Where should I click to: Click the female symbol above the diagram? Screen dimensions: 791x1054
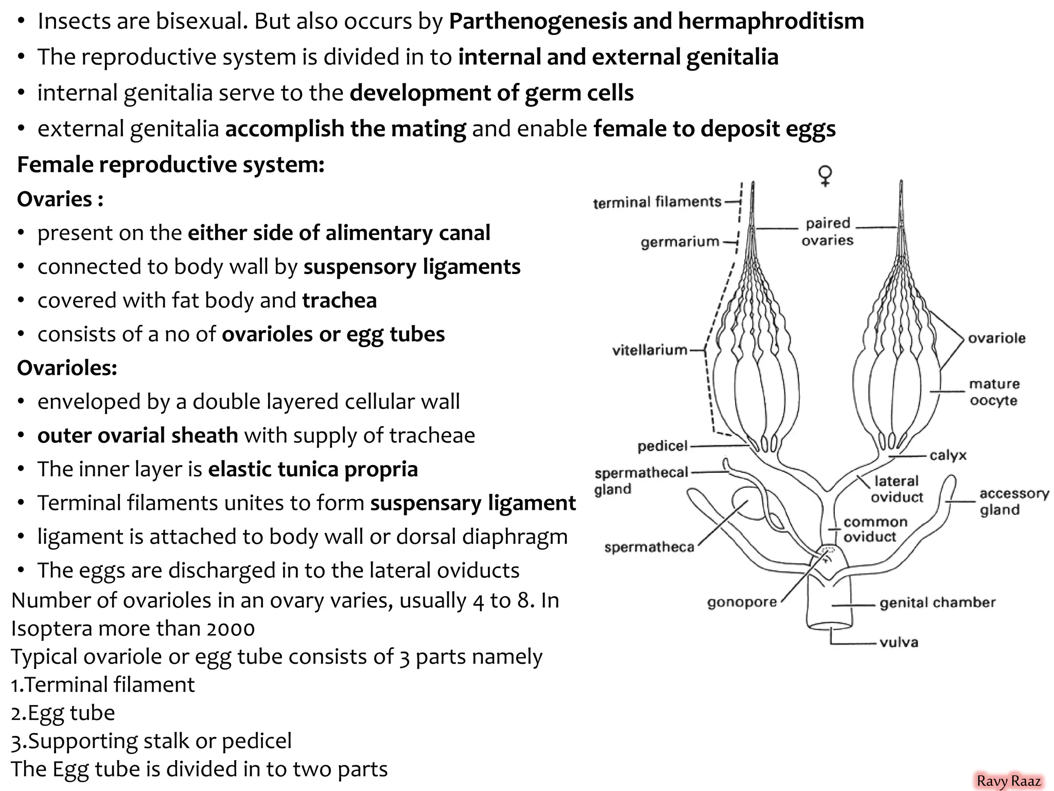(825, 176)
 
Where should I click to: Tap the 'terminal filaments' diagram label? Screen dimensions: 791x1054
(657, 202)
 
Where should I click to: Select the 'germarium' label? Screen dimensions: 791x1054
(680, 242)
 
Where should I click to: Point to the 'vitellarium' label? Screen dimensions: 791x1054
(649, 351)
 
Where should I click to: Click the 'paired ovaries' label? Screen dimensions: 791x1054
(828, 232)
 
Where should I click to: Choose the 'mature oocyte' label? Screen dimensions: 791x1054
(994, 392)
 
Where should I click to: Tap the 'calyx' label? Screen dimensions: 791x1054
(948, 455)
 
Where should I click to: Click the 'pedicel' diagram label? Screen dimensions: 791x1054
(662, 446)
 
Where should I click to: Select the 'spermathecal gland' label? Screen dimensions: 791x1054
(641, 480)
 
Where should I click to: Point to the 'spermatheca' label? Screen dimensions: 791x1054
(649, 547)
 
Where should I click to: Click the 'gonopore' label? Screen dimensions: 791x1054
(742, 602)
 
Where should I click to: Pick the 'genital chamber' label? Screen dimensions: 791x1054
(937, 603)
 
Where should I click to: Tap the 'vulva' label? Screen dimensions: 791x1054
(899, 642)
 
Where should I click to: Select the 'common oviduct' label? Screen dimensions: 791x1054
(875, 529)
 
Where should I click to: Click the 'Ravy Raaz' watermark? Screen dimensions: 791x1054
(1008, 781)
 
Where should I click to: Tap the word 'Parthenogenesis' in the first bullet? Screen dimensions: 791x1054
(537, 22)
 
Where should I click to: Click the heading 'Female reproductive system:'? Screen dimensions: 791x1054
(171, 165)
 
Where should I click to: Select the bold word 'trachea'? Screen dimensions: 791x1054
(339, 301)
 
